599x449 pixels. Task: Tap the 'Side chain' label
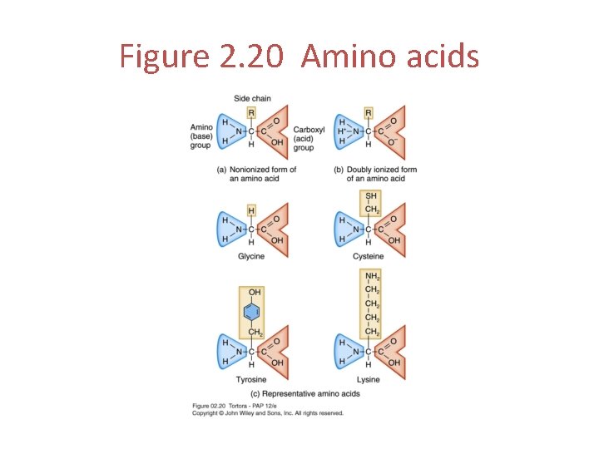click(x=251, y=98)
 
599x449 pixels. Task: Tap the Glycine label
click(x=250, y=256)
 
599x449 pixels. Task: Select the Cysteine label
click(x=368, y=256)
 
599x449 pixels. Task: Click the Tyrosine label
click(x=250, y=379)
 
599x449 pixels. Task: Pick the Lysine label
click(x=368, y=379)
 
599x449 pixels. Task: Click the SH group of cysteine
click(x=369, y=196)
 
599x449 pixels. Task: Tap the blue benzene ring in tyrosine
click(x=251, y=313)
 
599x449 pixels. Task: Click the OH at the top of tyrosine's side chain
click(x=253, y=293)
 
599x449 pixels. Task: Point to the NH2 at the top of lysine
click(x=371, y=276)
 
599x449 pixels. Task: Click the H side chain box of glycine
click(x=251, y=211)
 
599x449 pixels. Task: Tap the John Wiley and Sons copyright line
click(x=267, y=412)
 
